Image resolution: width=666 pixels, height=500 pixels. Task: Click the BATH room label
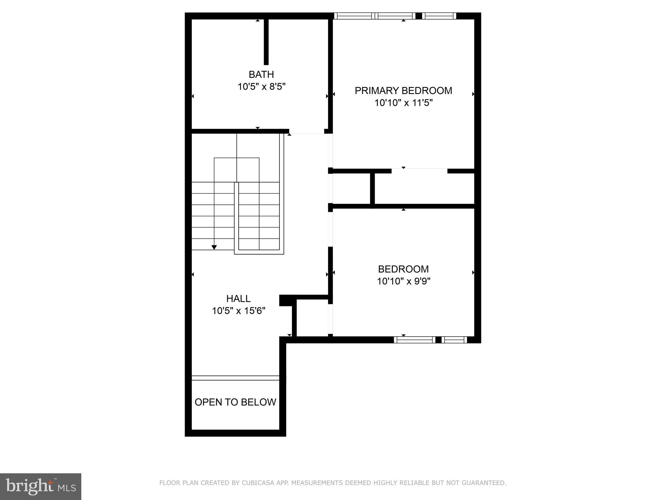point(261,75)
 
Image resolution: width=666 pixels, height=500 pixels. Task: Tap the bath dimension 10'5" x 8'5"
point(261,87)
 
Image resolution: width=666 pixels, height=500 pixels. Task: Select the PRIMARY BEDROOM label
point(403,90)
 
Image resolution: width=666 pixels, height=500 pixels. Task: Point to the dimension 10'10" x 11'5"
point(403,103)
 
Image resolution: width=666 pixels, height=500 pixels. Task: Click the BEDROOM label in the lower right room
point(403,269)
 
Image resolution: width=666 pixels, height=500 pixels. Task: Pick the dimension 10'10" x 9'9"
point(403,281)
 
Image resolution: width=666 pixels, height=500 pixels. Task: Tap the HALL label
point(238,299)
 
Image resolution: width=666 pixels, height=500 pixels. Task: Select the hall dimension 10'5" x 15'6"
point(238,311)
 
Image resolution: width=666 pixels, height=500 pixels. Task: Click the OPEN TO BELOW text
point(235,402)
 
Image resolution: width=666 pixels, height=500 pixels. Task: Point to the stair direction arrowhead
point(214,247)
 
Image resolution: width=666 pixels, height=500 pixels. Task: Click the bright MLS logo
point(41,487)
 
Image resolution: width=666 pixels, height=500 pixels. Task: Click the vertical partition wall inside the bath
point(266,42)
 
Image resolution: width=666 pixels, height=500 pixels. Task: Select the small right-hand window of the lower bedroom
point(454,340)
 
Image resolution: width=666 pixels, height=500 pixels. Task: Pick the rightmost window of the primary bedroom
point(439,16)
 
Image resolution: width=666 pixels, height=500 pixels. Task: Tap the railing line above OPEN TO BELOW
point(235,378)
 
